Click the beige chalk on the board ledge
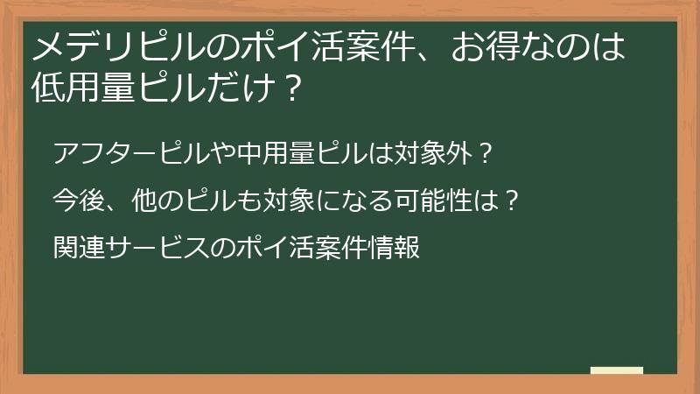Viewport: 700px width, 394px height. [x=616, y=370]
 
